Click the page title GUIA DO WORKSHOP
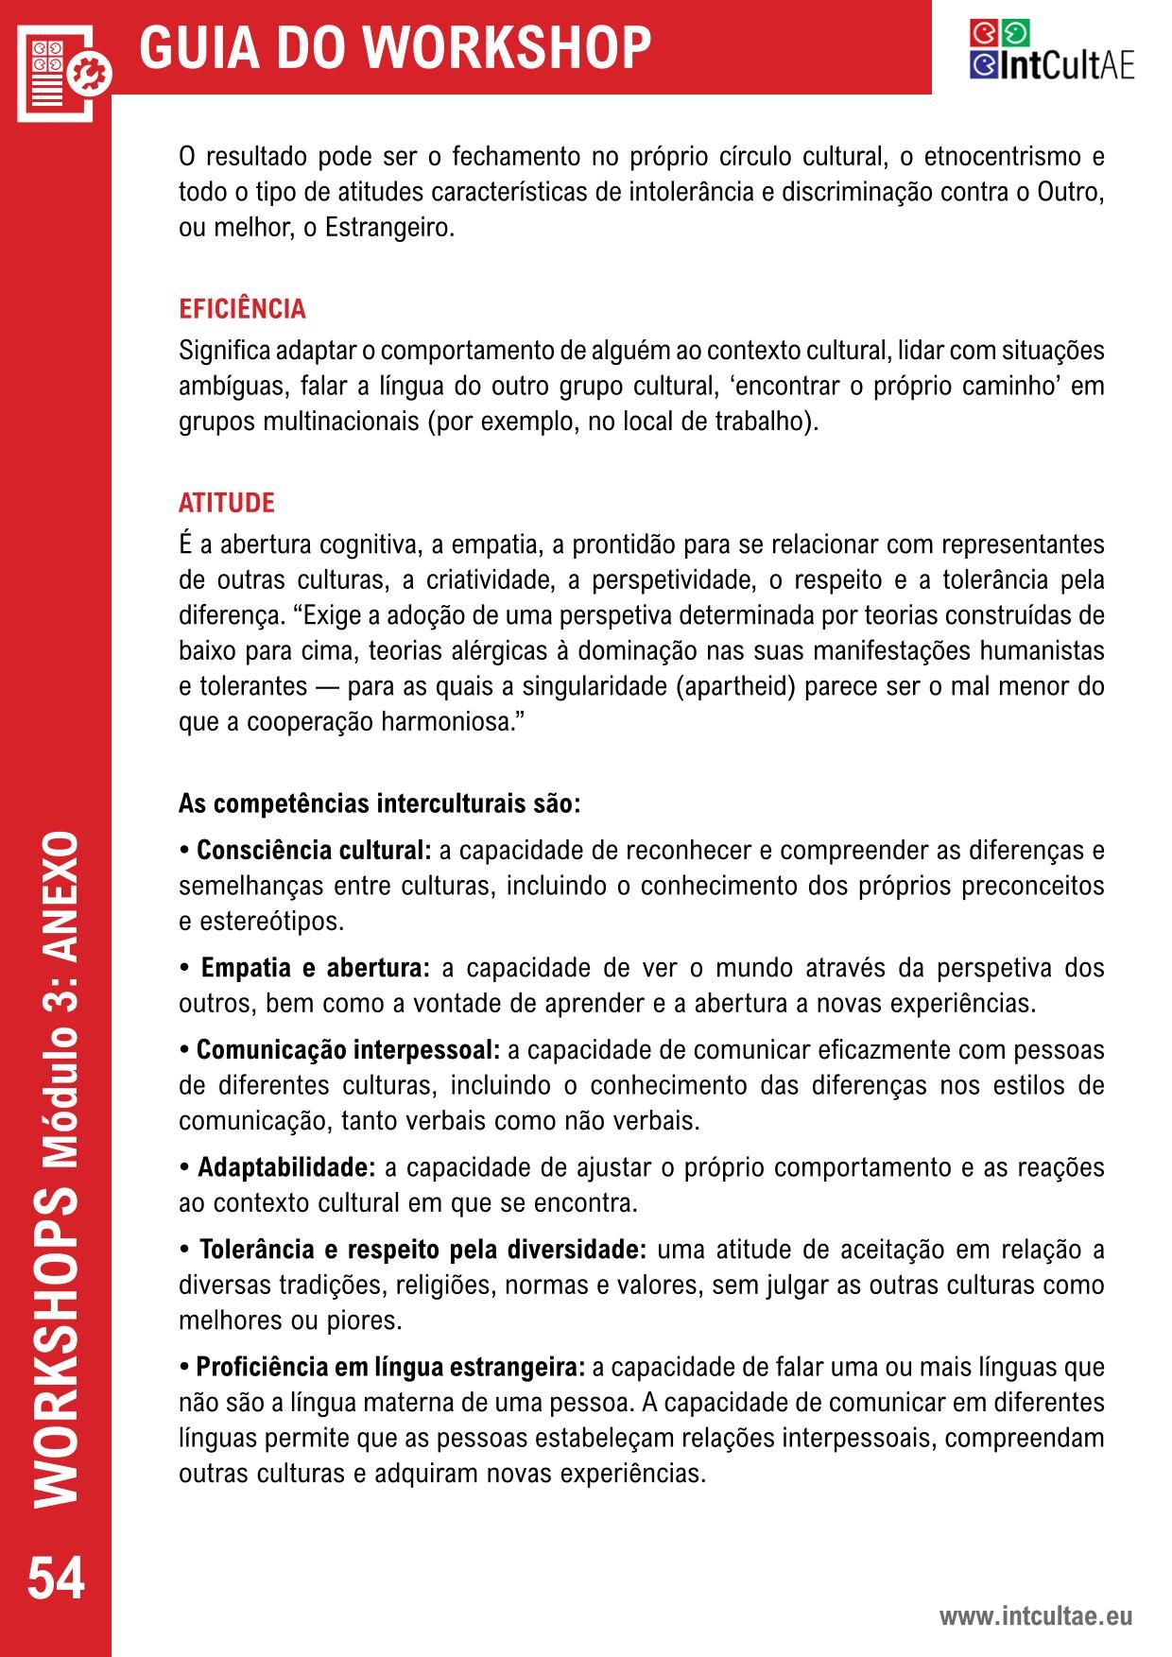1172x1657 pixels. [395, 47]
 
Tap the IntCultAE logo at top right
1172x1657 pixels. [1051, 50]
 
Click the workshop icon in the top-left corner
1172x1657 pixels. [62, 68]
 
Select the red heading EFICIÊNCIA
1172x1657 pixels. [242, 309]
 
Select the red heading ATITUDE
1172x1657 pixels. [227, 503]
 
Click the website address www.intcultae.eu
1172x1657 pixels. [1035, 1616]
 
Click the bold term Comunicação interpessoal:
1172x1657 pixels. [348, 1050]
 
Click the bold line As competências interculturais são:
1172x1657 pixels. [379, 804]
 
